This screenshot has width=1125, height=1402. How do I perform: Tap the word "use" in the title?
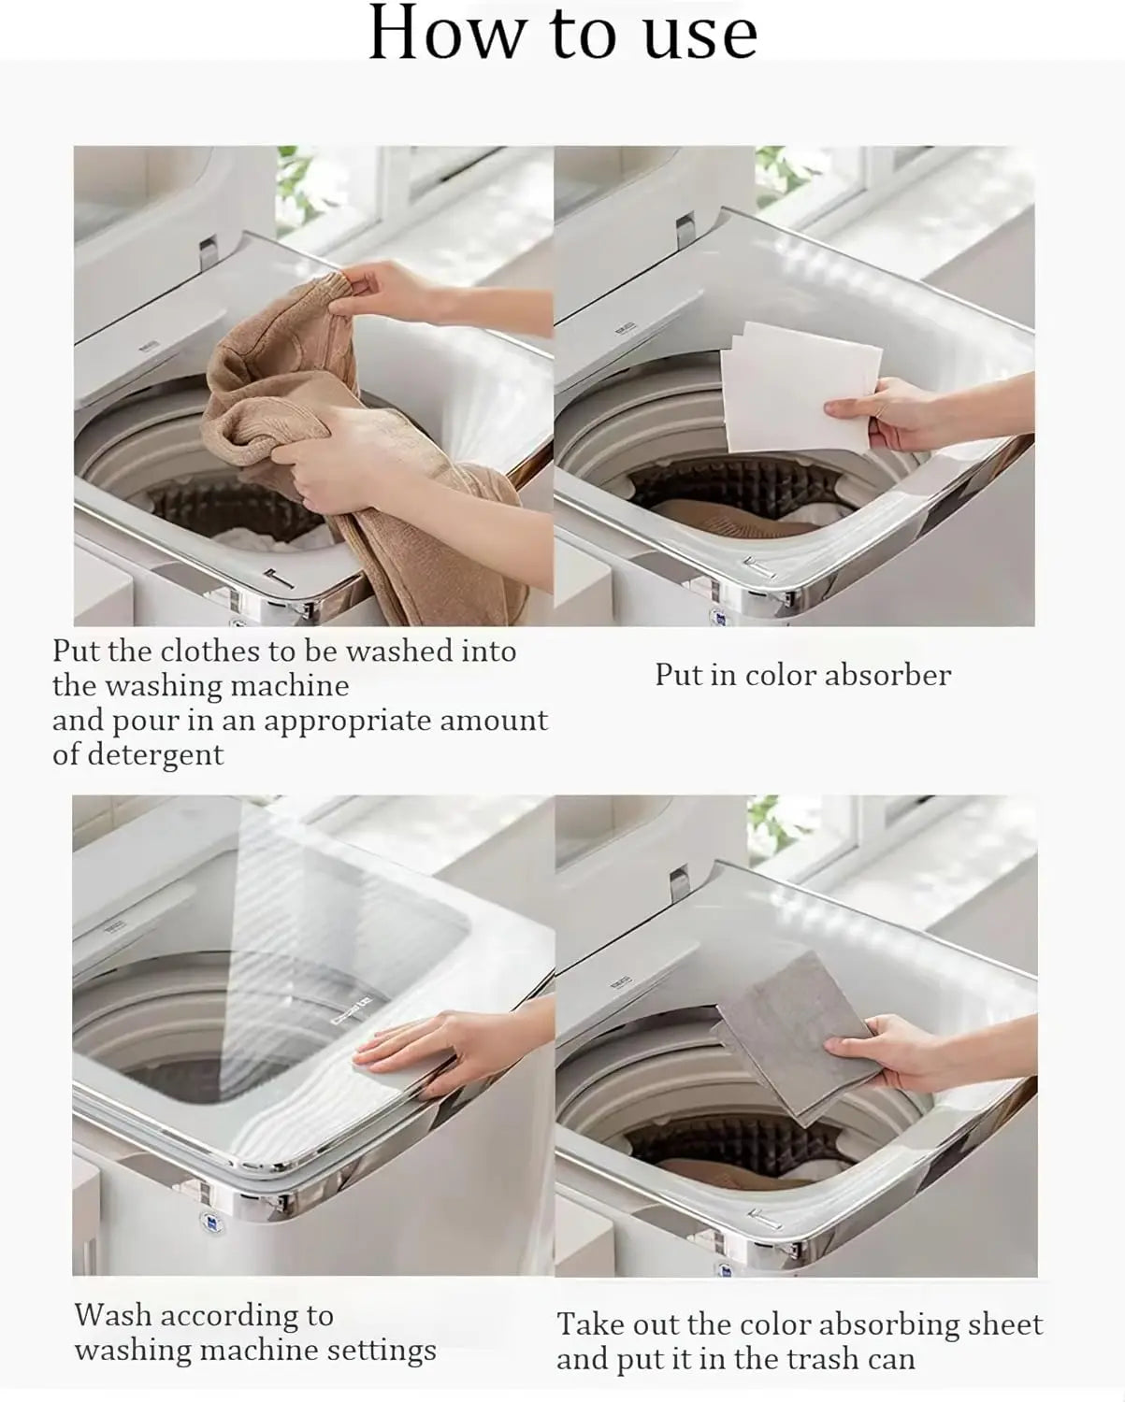coord(700,33)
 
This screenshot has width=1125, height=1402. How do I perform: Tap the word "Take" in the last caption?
coord(591,1324)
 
